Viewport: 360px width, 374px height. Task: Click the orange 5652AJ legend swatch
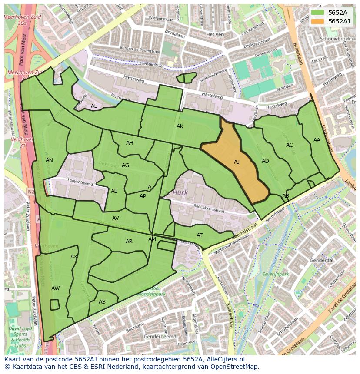tap(318, 21)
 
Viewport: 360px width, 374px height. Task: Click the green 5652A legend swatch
tap(318, 13)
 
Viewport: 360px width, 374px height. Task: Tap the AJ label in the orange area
tap(237, 162)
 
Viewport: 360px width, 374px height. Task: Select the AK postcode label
tap(180, 126)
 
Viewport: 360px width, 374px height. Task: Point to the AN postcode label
tap(49, 160)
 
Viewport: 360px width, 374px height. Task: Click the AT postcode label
tap(200, 235)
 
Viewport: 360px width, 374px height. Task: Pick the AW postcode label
tap(56, 288)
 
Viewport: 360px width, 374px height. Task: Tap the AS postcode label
tap(102, 302)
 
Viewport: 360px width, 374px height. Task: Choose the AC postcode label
tap(290, 145)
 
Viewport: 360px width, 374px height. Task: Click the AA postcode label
tap(317, 140)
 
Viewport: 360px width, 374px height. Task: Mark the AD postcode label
tap(265, 161)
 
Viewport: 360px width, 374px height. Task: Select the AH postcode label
tap(130, 143)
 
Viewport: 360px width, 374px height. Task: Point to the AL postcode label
tap(94, 106)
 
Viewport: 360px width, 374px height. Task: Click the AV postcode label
tap(116, 218)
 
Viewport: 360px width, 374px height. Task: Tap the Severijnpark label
tap(276, 275)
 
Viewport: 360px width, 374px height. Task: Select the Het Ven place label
tap(215, 34)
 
